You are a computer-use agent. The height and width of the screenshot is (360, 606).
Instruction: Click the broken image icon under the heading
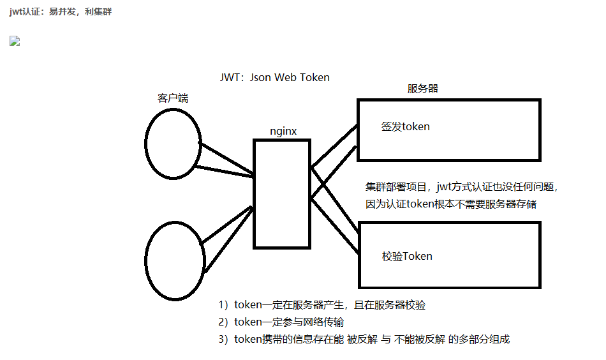point(15,41)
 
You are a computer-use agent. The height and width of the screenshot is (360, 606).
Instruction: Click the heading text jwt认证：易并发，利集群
point(61,11)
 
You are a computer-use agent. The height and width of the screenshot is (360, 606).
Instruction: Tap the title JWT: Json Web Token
point(274,77)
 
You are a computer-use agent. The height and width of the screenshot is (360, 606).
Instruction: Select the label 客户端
point(172,98)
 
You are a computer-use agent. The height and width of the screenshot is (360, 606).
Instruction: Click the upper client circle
point(173,144)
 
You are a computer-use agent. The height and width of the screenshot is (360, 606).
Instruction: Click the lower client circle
point(175,259)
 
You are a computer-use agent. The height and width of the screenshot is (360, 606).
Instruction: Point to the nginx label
point(283,131)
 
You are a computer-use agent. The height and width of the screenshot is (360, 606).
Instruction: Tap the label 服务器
point(423,89)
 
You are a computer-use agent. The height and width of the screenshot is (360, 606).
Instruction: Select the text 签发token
point(406,126)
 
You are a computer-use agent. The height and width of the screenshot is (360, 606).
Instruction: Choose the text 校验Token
point(407,256)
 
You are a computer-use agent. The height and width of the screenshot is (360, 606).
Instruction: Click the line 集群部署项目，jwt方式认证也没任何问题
point(462,187)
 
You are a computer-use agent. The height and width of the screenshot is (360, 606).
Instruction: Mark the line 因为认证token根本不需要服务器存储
point(451,204)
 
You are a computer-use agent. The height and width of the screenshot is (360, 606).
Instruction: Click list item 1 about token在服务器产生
point(321,304)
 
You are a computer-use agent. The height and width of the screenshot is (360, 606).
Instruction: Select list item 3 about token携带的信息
point(364,340)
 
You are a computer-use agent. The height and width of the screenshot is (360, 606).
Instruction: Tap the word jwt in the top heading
point(16,11)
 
